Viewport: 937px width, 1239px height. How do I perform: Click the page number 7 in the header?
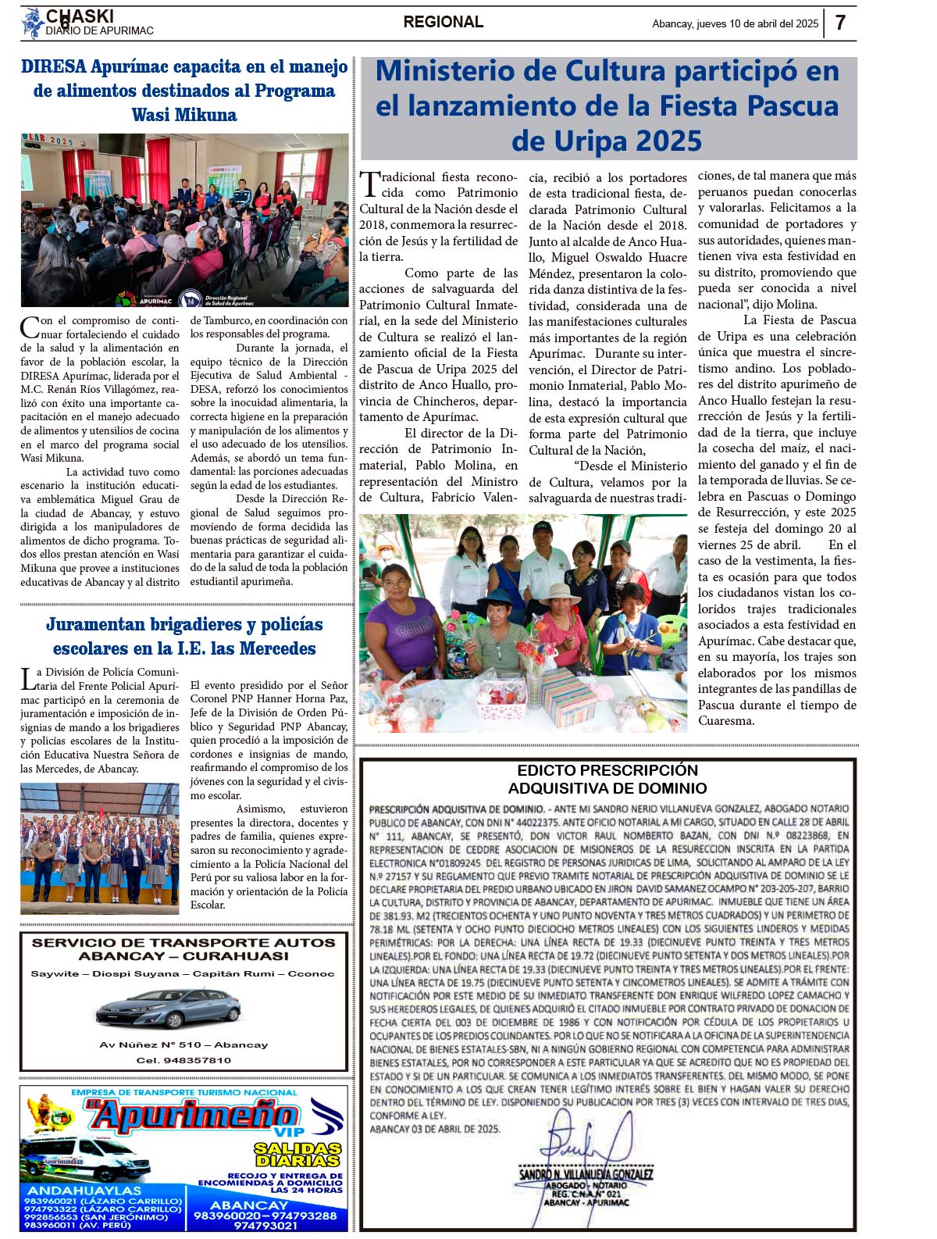coord(840,23)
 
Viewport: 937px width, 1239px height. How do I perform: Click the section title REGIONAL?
coord(443,23)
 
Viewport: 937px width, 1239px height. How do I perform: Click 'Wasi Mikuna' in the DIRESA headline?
coord(184,115)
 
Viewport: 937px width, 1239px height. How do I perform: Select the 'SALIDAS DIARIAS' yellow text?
coord(297,1155)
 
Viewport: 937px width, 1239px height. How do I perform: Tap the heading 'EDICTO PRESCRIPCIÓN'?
coord(607,770)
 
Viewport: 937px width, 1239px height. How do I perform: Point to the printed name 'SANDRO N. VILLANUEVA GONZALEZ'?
coord(586,1174)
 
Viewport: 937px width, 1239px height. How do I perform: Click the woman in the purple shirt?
coord(402,621)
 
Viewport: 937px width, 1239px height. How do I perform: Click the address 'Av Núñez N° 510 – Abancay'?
coord(183,1044)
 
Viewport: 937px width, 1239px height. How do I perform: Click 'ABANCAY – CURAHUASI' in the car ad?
coord(183,956)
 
